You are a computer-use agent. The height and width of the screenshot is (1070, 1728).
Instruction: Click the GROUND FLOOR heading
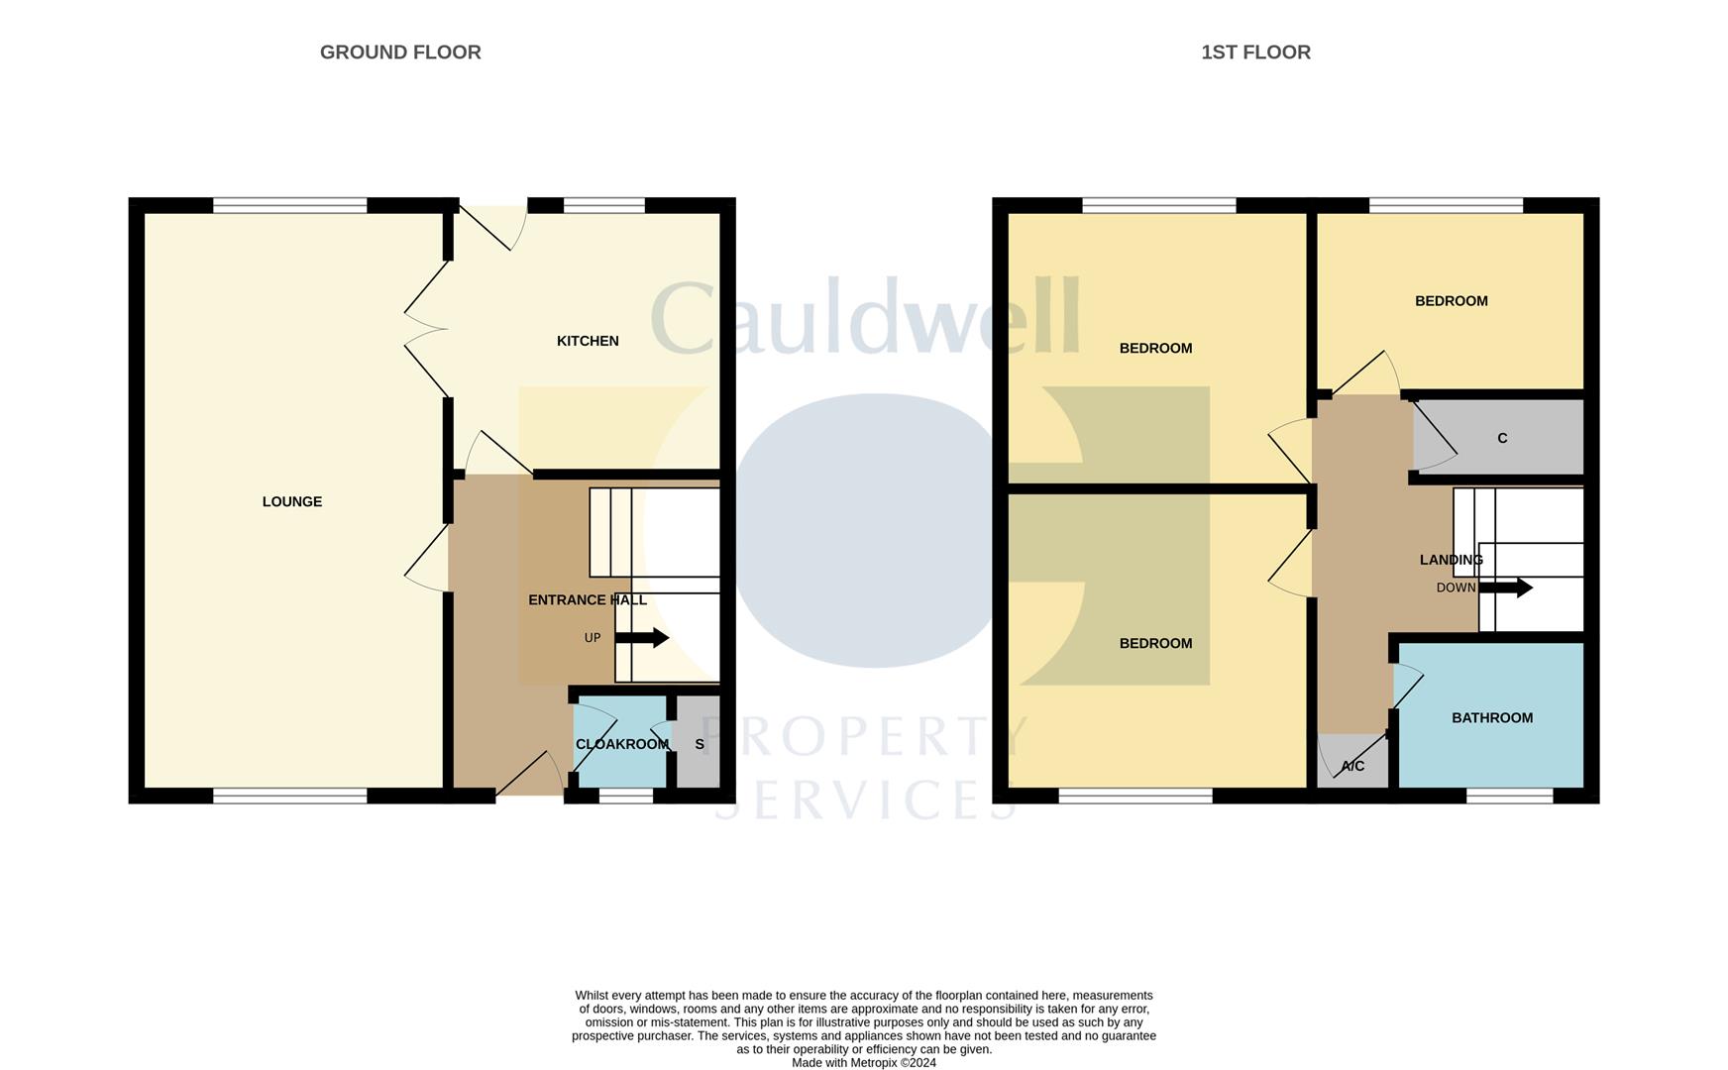click(x=400, y=53)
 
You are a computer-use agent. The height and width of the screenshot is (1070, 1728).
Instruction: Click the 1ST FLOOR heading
click(x=1255, y=53)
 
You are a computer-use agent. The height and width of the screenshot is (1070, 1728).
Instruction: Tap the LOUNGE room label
click(x=292, y=501)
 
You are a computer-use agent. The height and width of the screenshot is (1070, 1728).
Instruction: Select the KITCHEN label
click(x=588, y=341)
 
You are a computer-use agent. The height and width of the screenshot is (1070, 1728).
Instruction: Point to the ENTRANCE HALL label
click(x=588, y=599)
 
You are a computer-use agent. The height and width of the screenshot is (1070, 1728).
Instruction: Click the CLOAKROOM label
click(x=622, y=744)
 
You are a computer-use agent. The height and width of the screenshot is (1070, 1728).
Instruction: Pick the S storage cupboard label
click(x=700, y=744)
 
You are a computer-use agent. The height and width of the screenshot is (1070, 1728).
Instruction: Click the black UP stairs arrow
click(x=642, y=638)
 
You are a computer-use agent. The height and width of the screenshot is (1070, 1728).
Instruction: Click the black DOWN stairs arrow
click(x=1506, y=588)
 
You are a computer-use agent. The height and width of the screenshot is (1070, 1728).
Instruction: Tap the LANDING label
click(x=1452, y=560)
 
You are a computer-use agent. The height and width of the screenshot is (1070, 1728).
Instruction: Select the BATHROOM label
click(x=1492, y=717)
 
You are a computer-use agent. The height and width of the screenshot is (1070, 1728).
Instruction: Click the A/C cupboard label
click(x=1352, y=766)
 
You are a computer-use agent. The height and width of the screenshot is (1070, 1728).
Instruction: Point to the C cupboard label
click(x=1502, y=438)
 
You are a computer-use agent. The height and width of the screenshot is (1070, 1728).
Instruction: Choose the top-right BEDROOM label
click(x=1452, y=301)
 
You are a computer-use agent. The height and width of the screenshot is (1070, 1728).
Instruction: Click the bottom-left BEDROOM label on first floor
click(x=1155, y=643)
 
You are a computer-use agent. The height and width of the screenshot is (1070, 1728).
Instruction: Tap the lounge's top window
click(x=290, y=205)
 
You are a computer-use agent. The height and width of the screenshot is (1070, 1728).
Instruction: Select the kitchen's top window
click(x=604, y=205)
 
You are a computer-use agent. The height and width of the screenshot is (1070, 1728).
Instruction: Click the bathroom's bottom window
click(x=1510, y=796)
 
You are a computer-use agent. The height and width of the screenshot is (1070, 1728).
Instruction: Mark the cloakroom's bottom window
click(x=626, y=796)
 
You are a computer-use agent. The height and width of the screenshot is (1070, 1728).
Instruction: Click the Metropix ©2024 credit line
click(x=864, y=1063)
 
